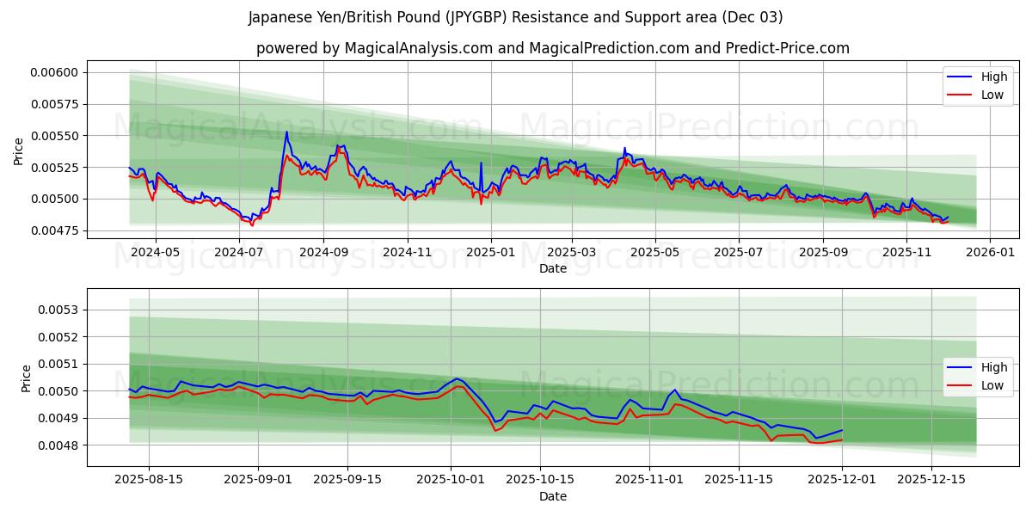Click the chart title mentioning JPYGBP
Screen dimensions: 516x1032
(515, 17)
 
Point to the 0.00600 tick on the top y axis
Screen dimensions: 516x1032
(54, 72)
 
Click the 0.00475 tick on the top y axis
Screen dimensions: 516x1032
(54, 230)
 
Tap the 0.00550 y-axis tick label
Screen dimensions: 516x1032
(54, 136)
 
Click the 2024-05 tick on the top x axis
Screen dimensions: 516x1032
(155, 252)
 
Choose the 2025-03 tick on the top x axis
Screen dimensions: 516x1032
(572, 252)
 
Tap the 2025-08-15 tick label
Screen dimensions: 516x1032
(149, 480)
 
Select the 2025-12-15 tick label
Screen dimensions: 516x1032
(931, 480)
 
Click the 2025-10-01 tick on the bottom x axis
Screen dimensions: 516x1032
(451, 480)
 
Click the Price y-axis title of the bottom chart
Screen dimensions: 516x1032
(26, 378)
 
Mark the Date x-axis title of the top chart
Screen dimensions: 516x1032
(552, 268)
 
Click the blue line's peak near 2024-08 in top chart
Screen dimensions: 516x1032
(286, 132)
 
